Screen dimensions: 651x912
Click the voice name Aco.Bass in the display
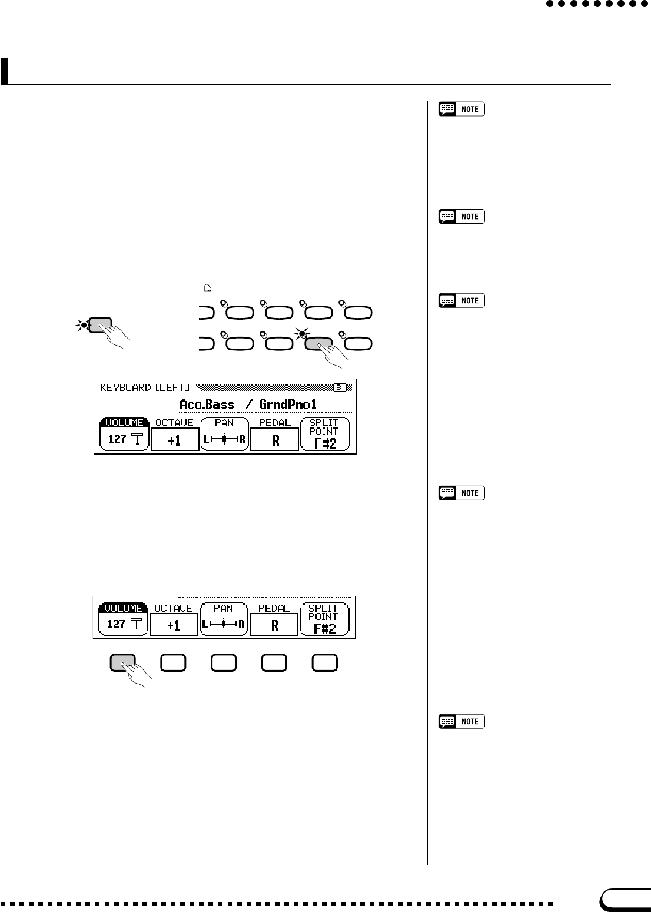pos(207,404)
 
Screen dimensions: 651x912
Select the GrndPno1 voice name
pos(287,404)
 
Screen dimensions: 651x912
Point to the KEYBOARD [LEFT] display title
pos(145,387)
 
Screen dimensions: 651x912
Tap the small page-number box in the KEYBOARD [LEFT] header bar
pos(340,387)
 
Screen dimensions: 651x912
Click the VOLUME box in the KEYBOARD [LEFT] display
pos(124,435)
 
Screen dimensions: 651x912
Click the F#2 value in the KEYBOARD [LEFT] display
pos(324,443)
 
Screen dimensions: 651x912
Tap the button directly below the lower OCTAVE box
pos(173,663)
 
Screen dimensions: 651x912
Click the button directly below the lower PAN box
pos(224,663)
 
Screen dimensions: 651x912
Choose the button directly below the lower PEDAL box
pos(274,663)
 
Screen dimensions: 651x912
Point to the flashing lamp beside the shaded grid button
pos(303,334)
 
